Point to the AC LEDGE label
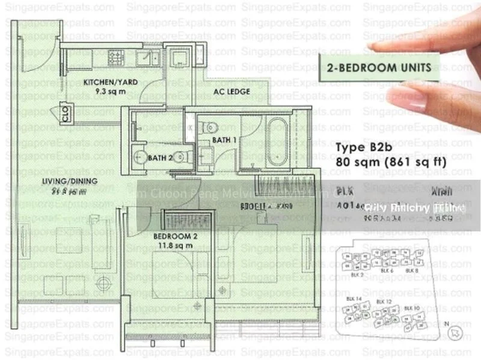tap(232, 92)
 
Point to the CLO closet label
tap(66, 114)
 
